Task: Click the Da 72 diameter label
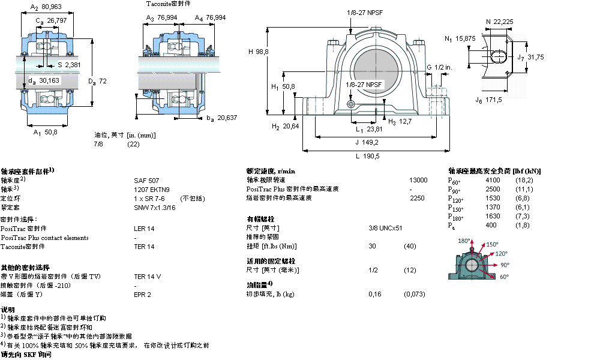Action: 98,81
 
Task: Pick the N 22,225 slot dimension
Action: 499,22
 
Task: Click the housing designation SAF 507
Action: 146,180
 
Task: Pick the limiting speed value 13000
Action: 418,180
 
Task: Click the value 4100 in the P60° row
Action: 492,180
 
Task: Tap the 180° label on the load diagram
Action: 463,241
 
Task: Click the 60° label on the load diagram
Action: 505,277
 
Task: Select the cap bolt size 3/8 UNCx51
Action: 385,228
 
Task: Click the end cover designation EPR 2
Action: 142,295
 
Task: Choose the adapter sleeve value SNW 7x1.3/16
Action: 155,207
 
